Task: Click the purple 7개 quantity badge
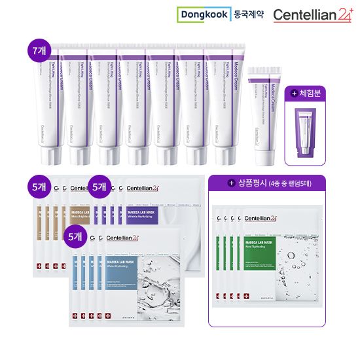coord(40,51)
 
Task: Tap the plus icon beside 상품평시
coord(230,183)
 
